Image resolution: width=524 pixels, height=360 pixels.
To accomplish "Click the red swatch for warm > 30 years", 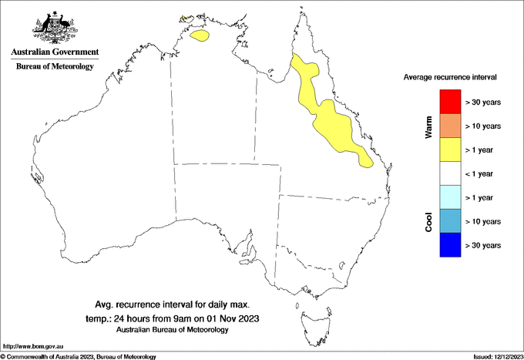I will [x=449, y=102].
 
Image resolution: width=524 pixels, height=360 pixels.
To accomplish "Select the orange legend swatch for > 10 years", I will [x=449, y=126].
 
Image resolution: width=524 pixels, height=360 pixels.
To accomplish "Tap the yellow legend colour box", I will [x=449, y=150].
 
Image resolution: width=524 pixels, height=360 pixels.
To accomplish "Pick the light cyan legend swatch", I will [x=449, y=197].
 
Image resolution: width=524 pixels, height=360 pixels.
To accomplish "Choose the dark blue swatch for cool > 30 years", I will [x=449, y=245].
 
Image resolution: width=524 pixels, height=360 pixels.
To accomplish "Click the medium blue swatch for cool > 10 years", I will [x=449, y=221].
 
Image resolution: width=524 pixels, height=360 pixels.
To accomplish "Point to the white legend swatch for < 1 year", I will [x=449, y=173].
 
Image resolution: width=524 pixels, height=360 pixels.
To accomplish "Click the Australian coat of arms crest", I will [x=55, y=25].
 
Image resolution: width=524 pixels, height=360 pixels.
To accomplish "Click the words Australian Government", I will [x=55, y=52].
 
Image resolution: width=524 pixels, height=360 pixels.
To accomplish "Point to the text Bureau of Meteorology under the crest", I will [x=55, y=66].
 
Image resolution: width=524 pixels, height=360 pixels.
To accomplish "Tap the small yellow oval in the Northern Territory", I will [x=200, y=35].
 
